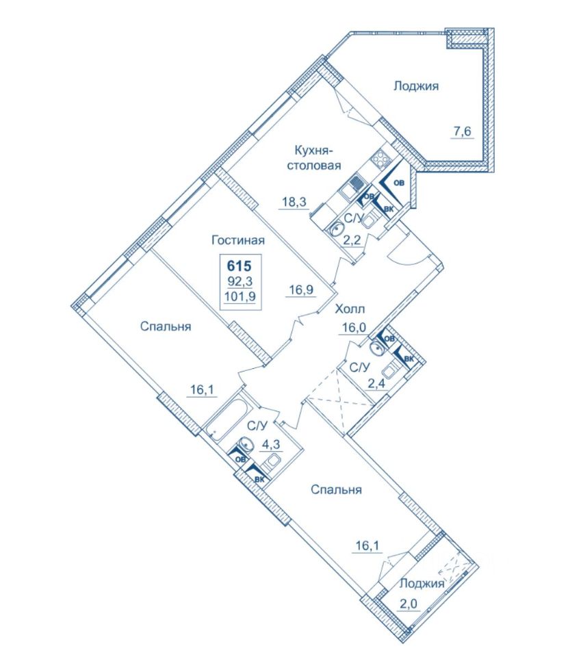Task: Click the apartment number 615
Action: pos(239,266)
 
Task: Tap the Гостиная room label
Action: pos(238,240)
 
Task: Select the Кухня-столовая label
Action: pos(313,157)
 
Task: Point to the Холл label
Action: pos(350,309)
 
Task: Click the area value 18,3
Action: pos(294,203)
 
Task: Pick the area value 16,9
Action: pos(301,289)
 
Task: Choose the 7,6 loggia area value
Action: pos(461,131)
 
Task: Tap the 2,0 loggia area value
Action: pos(409,604)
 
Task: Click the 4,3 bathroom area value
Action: pos(271,443)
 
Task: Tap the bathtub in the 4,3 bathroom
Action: pos(226,415)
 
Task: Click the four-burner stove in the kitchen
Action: pos(382,159)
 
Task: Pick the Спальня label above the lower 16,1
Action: pos(336,489)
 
